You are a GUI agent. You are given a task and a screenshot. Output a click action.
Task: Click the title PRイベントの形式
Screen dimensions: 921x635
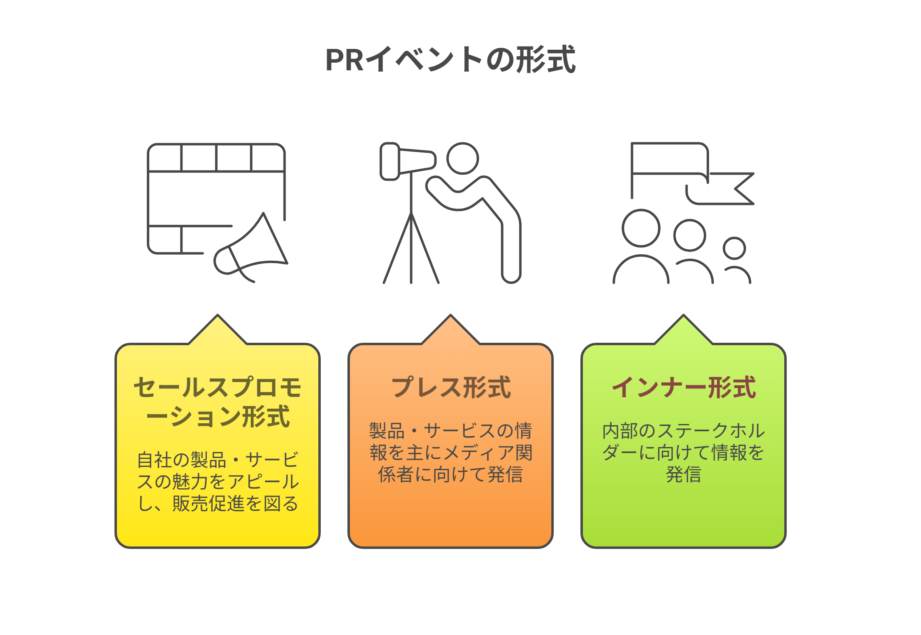(451, 59)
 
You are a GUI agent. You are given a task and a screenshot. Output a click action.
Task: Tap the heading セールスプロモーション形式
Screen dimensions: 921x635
(218, 402)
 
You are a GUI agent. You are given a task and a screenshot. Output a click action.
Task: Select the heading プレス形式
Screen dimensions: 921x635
(451, 387)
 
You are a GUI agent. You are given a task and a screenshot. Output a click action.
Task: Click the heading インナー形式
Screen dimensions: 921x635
(684, 387)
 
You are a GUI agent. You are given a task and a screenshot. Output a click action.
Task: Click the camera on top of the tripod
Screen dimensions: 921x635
(408, 161)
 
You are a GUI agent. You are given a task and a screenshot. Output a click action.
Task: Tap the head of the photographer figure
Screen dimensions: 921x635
(463, 158)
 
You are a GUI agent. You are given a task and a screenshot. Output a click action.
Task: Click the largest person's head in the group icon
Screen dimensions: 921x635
(641, 228)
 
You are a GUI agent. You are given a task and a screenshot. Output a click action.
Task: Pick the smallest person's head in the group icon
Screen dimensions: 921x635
(735, 248)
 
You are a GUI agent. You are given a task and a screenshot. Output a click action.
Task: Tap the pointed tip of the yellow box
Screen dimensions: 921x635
(218, 315)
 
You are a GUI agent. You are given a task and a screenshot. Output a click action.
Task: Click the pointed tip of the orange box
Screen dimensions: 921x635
(451, 315)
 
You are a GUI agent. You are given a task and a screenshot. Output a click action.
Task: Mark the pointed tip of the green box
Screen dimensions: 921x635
(684, 315)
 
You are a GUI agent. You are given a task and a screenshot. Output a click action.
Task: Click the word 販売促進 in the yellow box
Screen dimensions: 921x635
(208, 504)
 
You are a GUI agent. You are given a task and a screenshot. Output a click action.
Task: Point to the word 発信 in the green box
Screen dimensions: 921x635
(684, 475)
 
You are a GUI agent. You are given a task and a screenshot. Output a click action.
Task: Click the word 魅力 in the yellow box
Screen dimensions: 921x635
(191, 482)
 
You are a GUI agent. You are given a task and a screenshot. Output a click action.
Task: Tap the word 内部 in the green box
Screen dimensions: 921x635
(620, 431)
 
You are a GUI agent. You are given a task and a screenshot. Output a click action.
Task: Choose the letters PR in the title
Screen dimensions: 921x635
(345, 60)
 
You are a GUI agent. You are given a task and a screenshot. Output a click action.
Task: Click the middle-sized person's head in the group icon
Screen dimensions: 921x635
(690, 235)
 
